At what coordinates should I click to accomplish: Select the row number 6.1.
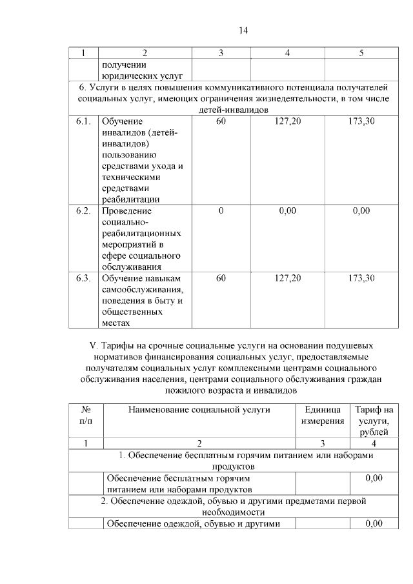83,121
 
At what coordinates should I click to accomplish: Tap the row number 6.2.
83,211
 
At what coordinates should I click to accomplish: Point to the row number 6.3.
83,278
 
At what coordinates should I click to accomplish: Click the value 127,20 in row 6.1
287,121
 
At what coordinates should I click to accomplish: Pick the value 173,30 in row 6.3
361,278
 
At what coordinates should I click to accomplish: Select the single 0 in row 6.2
221,211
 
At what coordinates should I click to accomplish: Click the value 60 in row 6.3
221,278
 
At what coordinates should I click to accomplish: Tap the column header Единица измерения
322,416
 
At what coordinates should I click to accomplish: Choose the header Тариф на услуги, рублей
374,421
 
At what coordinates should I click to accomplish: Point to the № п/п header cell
85,416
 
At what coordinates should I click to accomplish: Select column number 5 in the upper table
361,53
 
